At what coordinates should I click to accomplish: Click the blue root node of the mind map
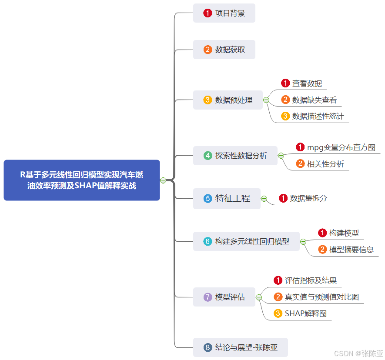[x=82, y=180]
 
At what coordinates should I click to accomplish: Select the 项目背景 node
[x=224, y=13]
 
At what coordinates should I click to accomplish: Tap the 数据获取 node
[x=224, y=50]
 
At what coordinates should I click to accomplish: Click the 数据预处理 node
[x=228, y=100]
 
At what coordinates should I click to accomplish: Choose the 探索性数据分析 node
[x=235, y=155]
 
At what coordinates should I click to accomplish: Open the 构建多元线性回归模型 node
[x=246, y=241]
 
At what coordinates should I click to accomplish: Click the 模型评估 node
[x=224, y=297]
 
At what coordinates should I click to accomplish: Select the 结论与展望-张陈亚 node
[x=240, y=347]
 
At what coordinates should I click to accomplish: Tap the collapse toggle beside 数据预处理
[x=266, y=100]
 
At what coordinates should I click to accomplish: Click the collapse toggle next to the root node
[x=163, y=180]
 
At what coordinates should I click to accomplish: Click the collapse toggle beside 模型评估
[x=259, y=297]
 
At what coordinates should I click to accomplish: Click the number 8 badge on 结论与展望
[x=208, y=347]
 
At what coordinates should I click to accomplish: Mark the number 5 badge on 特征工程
[x=208, y=199]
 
